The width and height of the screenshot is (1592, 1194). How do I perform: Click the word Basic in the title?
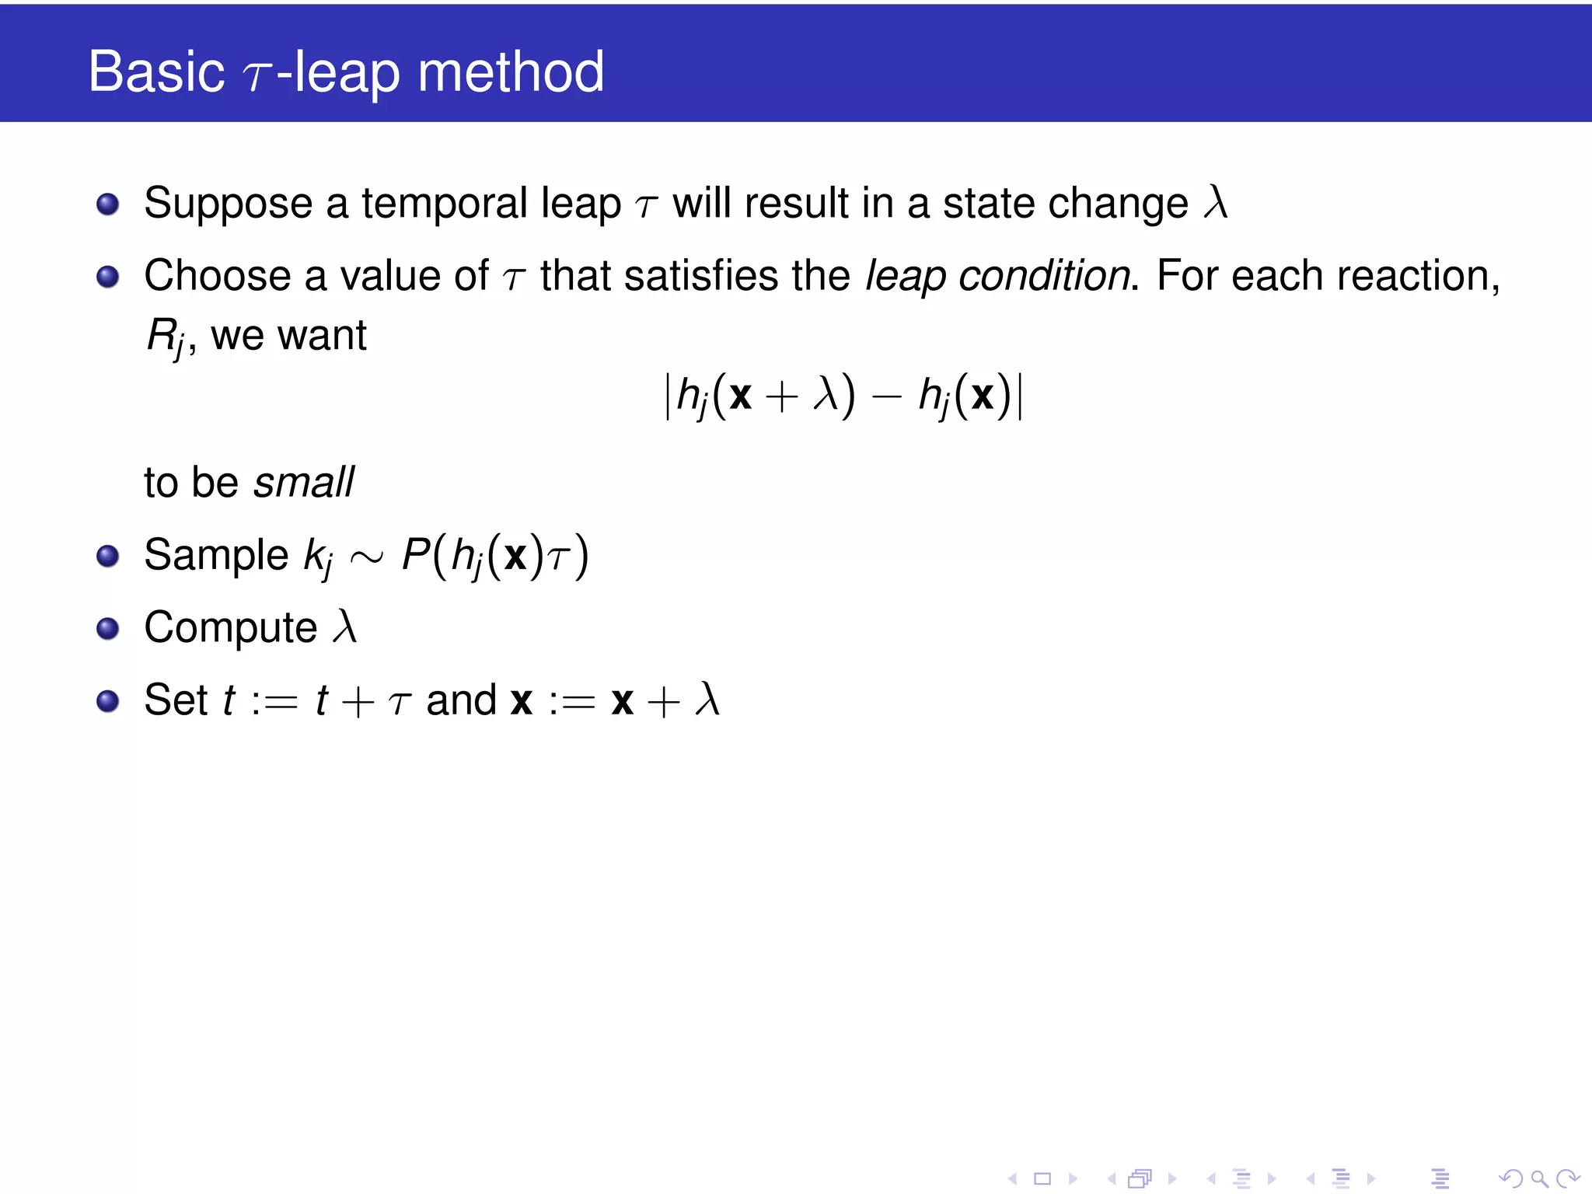pyautogui.click(x=156, y=72)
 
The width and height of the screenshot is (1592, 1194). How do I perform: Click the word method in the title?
pyautogui.click(x=511, y=72)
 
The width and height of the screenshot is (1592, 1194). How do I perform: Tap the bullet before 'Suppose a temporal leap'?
pyautogui.click(x=107, y=204)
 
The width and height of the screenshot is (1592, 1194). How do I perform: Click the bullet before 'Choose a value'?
pyautogui.click(x=107, y=277)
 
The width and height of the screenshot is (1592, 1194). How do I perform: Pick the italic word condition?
pyautogui.click(x=1044, y=276)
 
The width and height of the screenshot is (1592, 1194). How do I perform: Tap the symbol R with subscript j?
pyautogui.click(x=165, y=337)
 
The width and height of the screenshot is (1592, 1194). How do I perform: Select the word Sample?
pyautogui.click(x=216, y=555)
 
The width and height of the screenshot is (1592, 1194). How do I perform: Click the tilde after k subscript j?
pyautogui.click(x=367, y=557)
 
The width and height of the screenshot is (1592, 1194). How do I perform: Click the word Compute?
pyautogui.click(x=231, y=628)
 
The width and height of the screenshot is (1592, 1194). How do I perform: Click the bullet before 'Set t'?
pyautogui.click(x=107, y=701)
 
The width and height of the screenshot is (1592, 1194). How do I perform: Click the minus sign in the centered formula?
pyautogui.click(x=886, y=397)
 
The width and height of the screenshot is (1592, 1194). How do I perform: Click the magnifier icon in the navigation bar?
pyautogui.click(x=1539, y=1178)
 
